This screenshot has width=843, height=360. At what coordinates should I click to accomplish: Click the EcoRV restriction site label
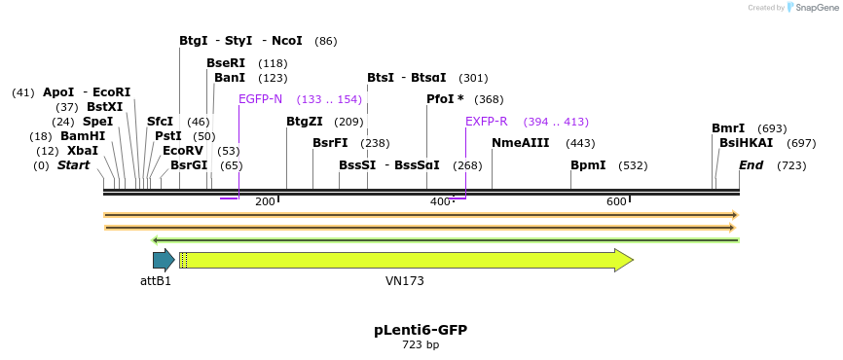182,151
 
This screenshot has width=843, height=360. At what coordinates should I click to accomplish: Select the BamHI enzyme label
83,136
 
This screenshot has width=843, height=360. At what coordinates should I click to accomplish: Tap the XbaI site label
83,151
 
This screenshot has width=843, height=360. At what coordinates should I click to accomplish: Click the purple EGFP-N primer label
260,99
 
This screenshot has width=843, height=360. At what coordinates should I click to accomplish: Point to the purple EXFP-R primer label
486,122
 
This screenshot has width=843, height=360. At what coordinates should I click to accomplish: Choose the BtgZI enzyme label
304,122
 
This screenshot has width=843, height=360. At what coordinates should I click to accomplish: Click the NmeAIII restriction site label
520,143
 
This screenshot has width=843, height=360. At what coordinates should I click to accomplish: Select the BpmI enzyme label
588,165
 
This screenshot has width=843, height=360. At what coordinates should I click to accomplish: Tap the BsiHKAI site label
746,143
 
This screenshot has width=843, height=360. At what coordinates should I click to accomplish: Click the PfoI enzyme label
445,99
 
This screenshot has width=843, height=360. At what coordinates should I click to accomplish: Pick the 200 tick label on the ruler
265,201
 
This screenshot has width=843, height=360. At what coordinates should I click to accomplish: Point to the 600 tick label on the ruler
616,201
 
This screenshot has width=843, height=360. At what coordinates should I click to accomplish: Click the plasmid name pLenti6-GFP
421,330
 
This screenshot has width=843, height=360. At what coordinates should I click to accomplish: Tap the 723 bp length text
421,345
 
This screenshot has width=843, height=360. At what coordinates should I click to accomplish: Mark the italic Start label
73,165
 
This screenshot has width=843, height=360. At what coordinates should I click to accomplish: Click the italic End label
751,165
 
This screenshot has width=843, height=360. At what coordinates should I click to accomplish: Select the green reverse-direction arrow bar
446,239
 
